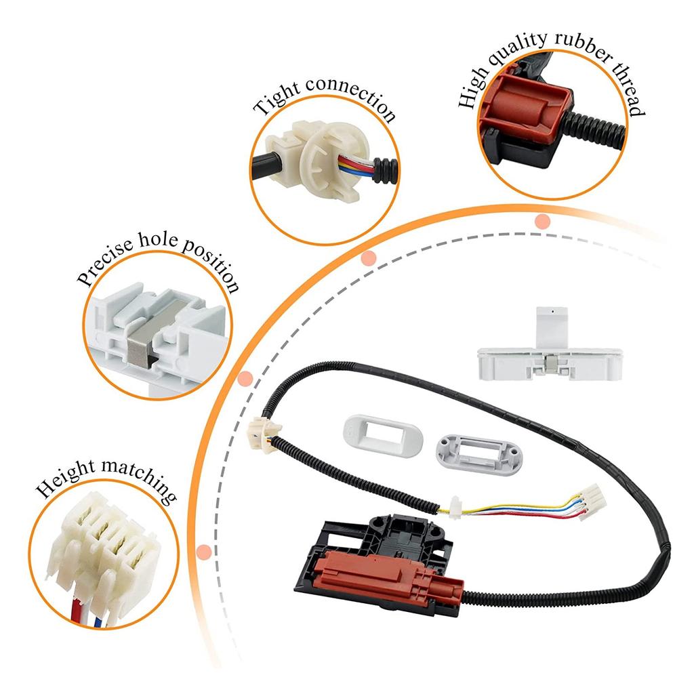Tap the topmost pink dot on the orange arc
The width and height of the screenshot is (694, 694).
click(x=542, y=221)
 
